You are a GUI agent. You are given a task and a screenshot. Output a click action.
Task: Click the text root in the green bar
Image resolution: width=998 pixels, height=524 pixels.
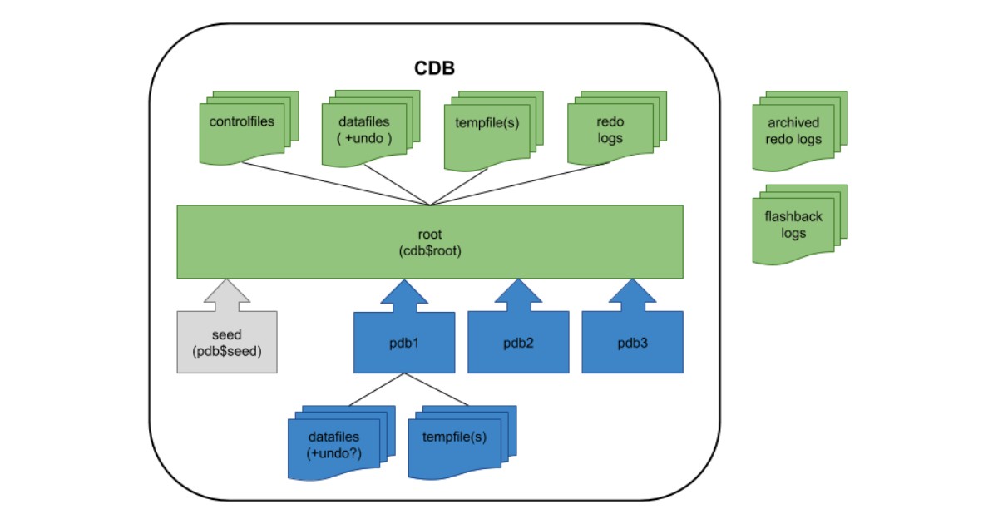[x=430, y=235]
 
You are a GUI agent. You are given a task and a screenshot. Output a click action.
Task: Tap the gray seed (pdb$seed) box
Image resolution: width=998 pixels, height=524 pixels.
[x=227, y=342]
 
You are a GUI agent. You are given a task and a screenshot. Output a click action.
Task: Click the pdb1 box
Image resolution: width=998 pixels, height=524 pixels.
[x=404, y=342]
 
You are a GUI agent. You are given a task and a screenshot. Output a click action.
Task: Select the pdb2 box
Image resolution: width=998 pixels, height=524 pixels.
[x=518, y=342]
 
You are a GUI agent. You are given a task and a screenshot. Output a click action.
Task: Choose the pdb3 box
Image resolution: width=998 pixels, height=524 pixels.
[x=632, y=342]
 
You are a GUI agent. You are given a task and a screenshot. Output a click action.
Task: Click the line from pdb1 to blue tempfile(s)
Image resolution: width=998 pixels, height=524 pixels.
[x=437, y=389]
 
